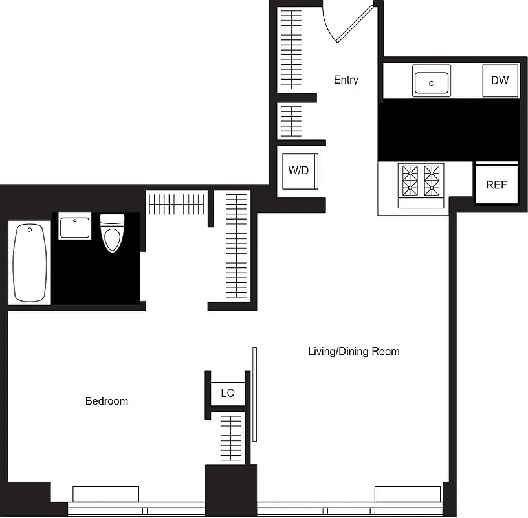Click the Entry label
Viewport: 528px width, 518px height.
point(346,80)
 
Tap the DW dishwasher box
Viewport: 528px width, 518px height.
point(500,81)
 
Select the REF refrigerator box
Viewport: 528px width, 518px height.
point(496,185)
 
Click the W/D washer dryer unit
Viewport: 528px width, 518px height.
point(298,171)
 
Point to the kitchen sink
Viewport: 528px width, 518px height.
point(432,82)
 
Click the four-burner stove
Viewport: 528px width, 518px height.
point(421,181)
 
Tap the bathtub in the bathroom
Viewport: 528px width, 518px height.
point(30,262)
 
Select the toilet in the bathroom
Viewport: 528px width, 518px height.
point(112,232)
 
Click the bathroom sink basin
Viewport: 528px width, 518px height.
point(74,228)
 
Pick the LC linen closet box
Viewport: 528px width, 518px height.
point(227,393)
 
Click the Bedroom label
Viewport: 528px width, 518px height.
point(107,401)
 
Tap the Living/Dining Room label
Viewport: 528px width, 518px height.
point(353,352)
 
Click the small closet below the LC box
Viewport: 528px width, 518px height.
point(231,438)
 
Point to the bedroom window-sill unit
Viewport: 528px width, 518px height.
point(105,493)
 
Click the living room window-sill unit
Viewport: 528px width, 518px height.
point(408,493)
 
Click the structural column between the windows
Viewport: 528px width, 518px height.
point(231,490)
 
